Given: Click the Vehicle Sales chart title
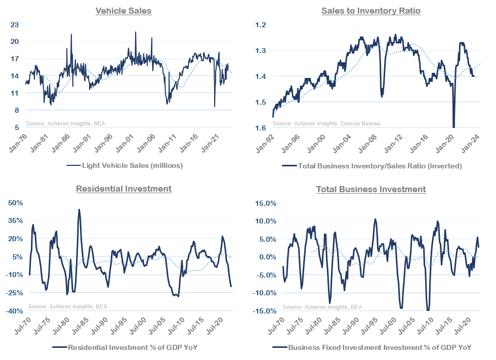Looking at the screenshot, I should point(123,11).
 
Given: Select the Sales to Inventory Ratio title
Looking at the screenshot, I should point(371,11).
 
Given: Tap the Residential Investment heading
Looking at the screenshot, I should point(123,189).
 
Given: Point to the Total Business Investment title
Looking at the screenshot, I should point(371,189).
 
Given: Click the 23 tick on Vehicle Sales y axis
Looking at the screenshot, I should point(15,25).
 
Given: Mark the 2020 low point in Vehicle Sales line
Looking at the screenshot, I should point(215,106).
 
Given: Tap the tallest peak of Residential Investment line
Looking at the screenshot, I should point(79,209).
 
